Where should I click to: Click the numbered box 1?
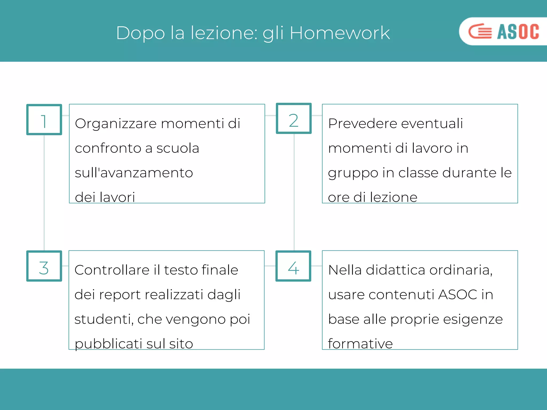pyautogui.click(x=44, y=120)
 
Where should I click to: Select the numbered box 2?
pyautogui.click(x=294, y=119)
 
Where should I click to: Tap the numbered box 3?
pyautogui.click(x=44, y=266)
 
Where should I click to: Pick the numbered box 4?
pyautogui.click(x=293, y=266)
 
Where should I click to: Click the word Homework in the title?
pyautogui.click(x=339, y=33)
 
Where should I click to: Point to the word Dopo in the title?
pyautogui.click(x=140, y=33)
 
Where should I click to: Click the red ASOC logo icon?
pyautogui.click(x=480, y=31)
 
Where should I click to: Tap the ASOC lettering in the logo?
pyautogui.click(x=518, y=31)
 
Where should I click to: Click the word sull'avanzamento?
pyautogui.click(x=134, y=173)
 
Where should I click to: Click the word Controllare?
pyautogui.click(x=112, y=270)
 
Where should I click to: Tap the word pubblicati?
pyautogui.click(x=108, y=344)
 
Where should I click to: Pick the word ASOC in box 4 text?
pyautogui.click(x=458, y=295)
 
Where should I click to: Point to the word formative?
pyautogui.click(x=360, y=344)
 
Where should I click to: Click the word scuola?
pyautogui.click(x=178, y=148)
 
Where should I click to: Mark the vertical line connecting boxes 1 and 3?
pyautogui.click(x=44, y=192)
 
